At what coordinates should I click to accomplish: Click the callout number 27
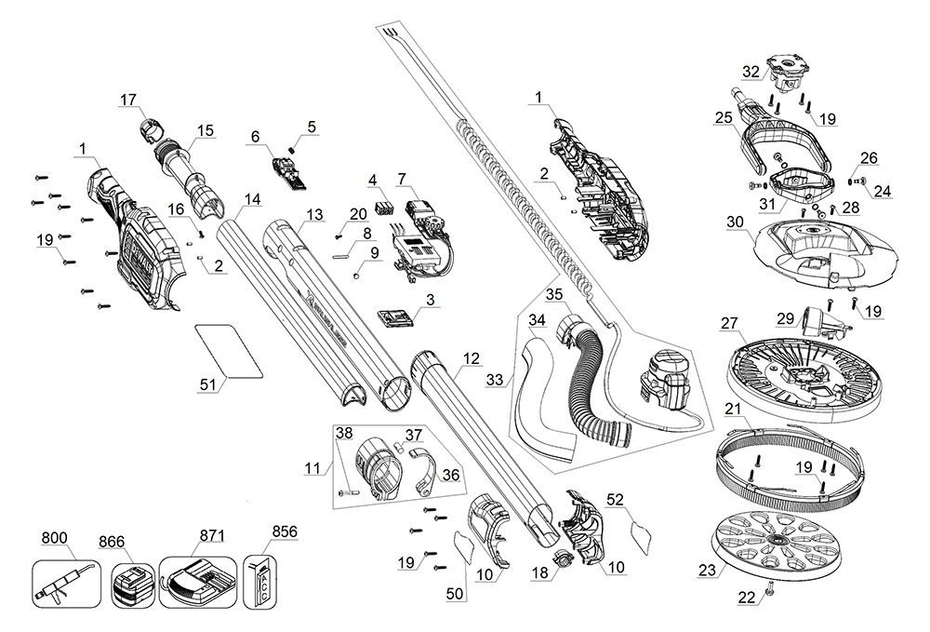[729, 322]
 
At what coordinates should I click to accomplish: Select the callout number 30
[736, 222]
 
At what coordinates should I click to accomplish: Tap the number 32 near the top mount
[751, 72]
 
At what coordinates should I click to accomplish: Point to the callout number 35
[555, 294]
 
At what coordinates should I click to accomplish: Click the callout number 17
[128, 99]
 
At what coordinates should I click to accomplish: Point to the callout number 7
[402, 178]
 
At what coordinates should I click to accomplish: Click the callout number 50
[455, 593]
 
